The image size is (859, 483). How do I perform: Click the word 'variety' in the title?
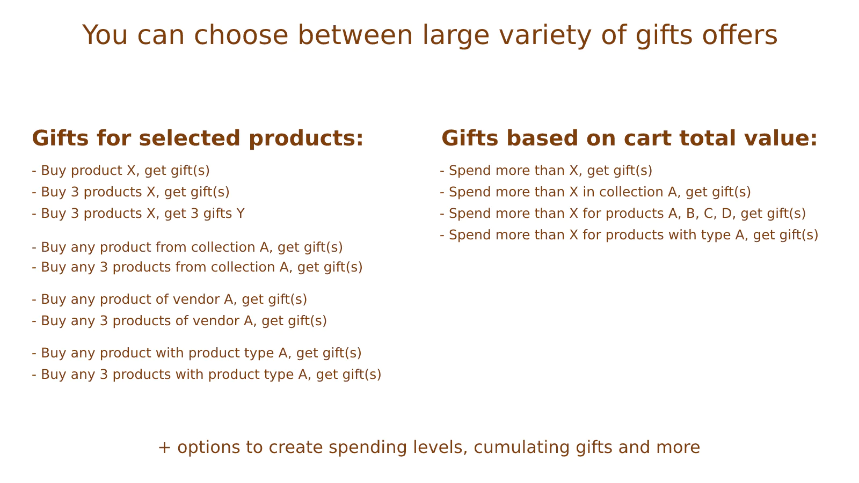tap(545, 35)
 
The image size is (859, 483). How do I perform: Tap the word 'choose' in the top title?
tap(241, 35)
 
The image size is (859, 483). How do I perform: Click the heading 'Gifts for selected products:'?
tap(198, 139)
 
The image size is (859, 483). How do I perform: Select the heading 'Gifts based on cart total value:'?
tap(629, 138)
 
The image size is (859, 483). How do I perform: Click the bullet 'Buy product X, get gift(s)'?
tap(121, 171)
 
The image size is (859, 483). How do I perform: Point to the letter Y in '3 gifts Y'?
tap(241, 214)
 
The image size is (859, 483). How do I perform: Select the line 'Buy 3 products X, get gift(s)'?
tap(131, 192)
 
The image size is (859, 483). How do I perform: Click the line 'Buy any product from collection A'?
tap(187, 247)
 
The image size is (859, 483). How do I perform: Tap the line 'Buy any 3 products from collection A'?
tap(197, 267)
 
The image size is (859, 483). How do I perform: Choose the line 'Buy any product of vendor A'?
tap(170, 299)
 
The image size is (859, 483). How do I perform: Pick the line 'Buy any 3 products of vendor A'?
tap(179, 321)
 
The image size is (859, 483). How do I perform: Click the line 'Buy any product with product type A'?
tap(196, 353)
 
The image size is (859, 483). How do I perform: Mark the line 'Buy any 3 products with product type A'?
tap(207, 375)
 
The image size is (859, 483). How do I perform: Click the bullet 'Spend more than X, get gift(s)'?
tap(546, 171)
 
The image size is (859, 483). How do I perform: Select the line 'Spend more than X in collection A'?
tap(595, 192)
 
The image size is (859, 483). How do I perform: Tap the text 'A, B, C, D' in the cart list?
tap(702, 214)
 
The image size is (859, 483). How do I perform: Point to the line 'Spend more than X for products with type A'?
tap(629, 235)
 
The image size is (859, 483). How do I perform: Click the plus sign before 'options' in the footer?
tap(164, 448)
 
